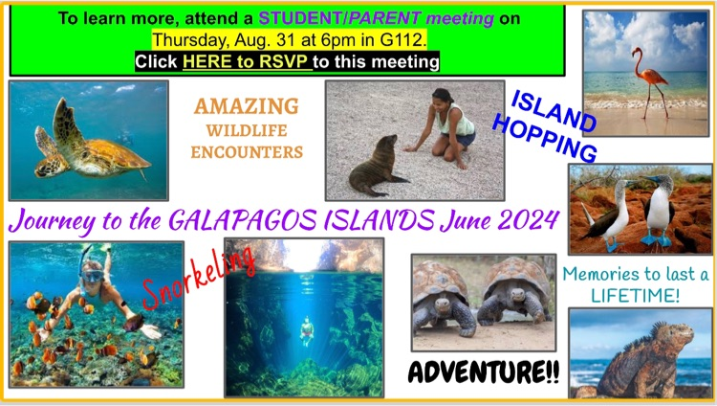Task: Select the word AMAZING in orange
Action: point(247,106)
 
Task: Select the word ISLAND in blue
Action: point(554,110)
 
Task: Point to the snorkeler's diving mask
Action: point(91,277)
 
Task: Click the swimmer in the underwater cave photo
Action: point(307,331)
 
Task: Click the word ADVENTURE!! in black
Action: point(485,372)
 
